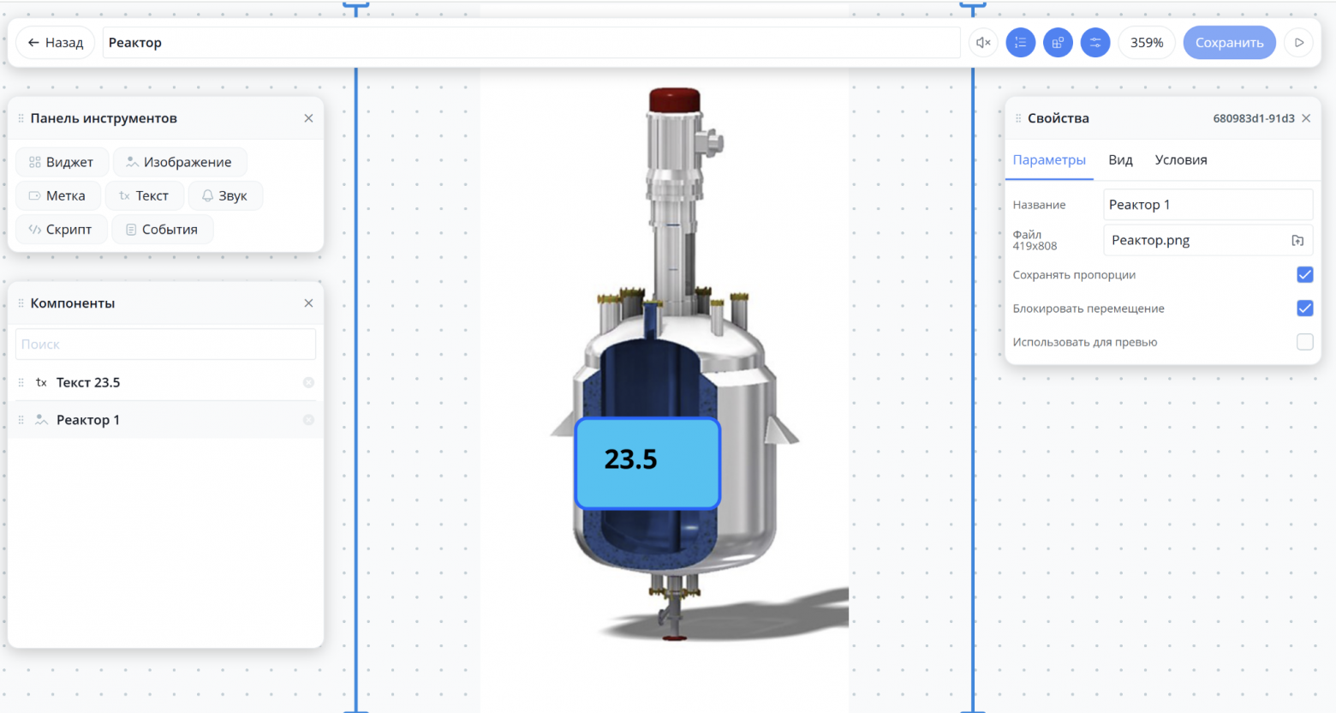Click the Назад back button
click(56, 42)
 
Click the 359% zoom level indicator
click(1147, 42)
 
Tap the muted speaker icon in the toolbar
click(983, 42)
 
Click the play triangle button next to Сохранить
click(1299, 42)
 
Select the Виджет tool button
click(62, 162)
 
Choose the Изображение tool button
click(180, 162)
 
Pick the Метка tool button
click(58, 195)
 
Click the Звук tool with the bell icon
click(225, 195)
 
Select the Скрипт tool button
click(61, 230)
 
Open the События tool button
click(162, 230)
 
